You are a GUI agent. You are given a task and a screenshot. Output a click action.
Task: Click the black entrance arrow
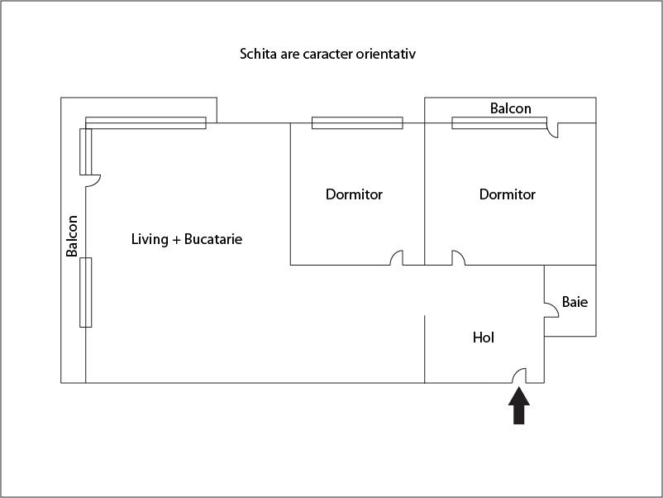click(x=518, y=406)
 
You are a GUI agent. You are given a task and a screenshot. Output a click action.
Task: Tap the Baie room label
click(x=575, y=302)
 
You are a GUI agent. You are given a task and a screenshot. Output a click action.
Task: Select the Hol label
click(x=484, y=338)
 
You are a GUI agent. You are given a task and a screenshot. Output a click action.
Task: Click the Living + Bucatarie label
click(x=187, y=239)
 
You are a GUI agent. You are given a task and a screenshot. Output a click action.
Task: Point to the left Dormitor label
click(x=354, y=194)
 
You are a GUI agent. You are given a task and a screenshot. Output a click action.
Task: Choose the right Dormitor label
click(x=508, y=194)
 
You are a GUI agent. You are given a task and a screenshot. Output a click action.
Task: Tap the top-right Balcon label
click(x=511, y=108)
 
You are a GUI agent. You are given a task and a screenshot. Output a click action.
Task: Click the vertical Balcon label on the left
click(x=73, y=236)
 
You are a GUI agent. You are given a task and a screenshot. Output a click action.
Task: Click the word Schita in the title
click(x=256, y=55)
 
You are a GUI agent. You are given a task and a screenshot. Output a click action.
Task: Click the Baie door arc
click(x=550, y=309)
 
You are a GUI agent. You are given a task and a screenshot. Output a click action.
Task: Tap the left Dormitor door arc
click(x=397, y=258)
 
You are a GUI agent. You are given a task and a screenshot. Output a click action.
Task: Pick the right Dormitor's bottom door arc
click(x=457, y=258)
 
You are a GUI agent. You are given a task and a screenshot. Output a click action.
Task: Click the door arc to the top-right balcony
click(x=553, y=131)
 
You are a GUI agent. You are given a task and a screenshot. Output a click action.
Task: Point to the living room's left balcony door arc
click(x=94, y=180)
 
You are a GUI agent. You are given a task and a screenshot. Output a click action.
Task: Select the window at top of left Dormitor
click(x=357, y=123)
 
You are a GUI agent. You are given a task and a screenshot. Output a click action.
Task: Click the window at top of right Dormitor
click(x=499, y=123)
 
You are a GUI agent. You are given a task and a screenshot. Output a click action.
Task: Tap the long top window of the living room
click(x=145, y=123)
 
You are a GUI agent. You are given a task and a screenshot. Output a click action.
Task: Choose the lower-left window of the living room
click(x=85, y=292)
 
